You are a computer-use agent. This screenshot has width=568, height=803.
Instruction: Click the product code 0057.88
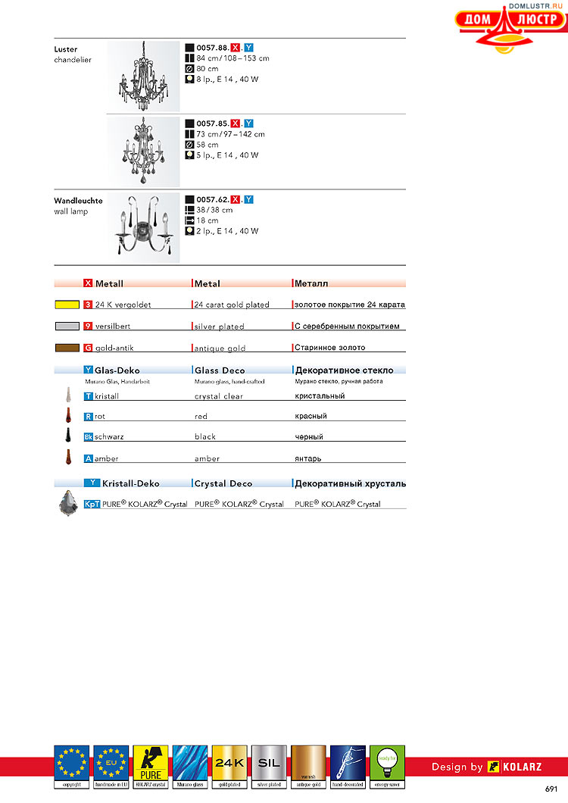(212, 47)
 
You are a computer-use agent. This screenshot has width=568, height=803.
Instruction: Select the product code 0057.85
(212, 123)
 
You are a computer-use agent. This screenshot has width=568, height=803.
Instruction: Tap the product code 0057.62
(212, 199)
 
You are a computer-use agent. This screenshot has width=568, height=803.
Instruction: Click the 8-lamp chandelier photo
(144, 76)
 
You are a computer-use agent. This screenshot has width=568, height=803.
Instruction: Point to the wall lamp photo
(144, 227)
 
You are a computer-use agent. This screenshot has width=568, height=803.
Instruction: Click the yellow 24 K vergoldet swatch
(67, 305)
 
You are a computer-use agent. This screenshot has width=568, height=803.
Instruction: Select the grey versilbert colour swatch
(67, 326)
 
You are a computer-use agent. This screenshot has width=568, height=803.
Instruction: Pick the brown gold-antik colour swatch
(67, 348)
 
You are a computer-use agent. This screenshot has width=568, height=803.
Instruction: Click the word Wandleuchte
(78, 201)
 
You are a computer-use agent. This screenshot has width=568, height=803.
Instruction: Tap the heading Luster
(66, 49)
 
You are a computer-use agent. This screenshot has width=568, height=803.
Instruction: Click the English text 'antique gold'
(220, 348)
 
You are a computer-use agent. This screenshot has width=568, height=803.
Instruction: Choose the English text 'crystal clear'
(219, 396)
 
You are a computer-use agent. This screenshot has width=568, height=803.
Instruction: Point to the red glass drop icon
(67, 415)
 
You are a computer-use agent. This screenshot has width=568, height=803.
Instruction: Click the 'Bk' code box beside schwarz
(88, 437)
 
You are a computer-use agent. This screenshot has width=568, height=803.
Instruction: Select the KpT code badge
(92, 504)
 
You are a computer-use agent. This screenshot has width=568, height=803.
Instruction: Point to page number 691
(551, 789)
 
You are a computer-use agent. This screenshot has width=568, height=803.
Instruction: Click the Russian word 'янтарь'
(310, 458)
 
